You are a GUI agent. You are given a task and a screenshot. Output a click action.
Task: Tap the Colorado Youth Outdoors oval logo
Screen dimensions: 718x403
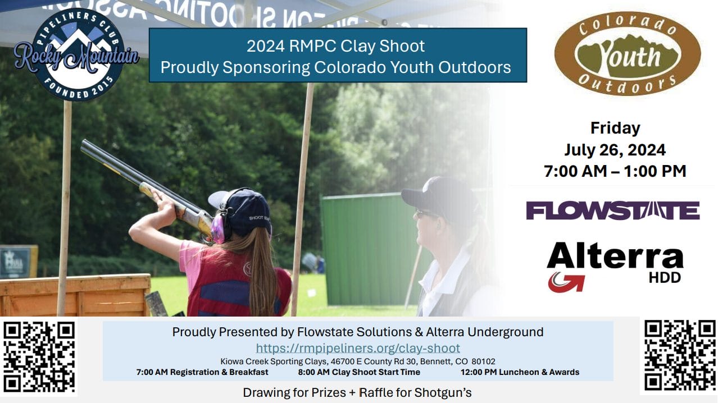(x=628, y=53)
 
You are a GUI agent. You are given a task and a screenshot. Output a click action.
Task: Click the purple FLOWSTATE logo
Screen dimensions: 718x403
(x=613, y=210)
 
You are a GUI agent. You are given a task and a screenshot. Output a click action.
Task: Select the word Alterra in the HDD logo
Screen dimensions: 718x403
(x=615, y=255)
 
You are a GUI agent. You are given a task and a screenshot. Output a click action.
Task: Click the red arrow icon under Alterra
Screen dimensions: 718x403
(x=566, y=282)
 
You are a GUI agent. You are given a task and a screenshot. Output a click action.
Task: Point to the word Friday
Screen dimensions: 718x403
(x=615, y=128)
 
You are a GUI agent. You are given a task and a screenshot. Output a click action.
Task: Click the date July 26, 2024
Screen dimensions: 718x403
(x=615, y=150)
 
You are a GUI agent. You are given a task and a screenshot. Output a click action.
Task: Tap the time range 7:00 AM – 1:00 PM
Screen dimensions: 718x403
(x=615, y=171)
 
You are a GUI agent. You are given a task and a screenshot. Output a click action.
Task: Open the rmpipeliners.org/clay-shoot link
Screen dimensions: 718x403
(x=358, y=348)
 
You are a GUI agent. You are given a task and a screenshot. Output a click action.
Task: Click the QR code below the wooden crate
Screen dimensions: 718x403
(x=39, y=357)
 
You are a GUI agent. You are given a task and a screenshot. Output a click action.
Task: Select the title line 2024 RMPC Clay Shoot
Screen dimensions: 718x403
(x=335, y=46)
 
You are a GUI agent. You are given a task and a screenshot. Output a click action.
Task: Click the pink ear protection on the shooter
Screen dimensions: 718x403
(x=219, y=228)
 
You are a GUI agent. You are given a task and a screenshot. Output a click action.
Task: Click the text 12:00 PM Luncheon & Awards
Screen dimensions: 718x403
(x=520, y=372)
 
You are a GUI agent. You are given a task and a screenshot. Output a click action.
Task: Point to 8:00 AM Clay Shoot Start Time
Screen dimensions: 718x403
(x=359, y=372)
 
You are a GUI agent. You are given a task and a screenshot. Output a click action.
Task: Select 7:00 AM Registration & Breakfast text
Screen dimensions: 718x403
(x=202, y=372)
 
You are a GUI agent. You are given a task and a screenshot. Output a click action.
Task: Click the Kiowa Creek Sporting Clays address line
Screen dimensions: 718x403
(x=358, y=361)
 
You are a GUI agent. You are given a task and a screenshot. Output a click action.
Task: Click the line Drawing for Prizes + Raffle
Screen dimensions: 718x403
(x=357, y=392)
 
